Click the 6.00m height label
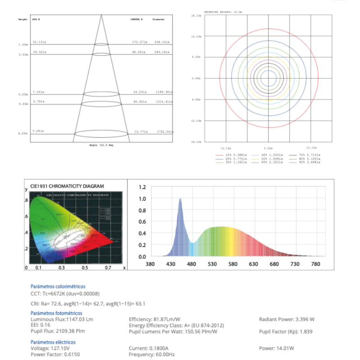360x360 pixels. [23, 134]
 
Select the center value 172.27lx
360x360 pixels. [140, 42]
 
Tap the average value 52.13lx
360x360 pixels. [40, 42]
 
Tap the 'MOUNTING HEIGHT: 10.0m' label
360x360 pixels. [223, 12]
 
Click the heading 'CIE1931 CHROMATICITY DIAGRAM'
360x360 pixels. [67, 186]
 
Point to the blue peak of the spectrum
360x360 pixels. [180, 198]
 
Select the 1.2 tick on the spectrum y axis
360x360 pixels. [142, 187]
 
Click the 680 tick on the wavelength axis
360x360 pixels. [274, 264]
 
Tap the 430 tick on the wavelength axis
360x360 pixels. [171, 264]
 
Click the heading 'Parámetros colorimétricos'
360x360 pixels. [58, 286]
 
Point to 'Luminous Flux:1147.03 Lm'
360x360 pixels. [62, 319]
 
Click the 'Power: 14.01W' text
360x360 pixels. [276, 348]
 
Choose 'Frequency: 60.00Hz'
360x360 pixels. [152, 355]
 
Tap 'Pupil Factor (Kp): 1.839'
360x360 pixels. [286, 331]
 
